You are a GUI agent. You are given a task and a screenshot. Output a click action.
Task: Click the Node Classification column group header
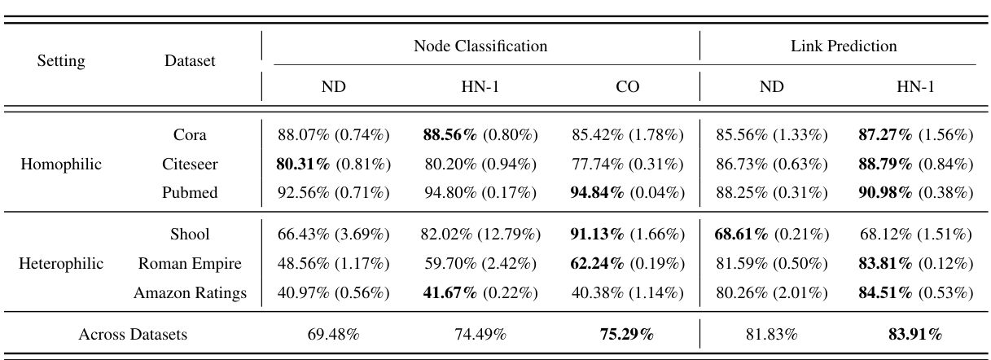tap(480, 46)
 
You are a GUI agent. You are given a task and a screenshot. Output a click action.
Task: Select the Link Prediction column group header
tap(844, 46)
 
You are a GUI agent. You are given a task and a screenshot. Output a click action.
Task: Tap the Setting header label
tap(63, 61)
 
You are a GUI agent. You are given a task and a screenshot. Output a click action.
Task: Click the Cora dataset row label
tap(190, 134)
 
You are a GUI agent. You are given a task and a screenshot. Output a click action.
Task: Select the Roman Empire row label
tap(190, 264)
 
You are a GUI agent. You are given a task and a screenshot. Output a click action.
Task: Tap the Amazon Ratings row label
tap(190, 293)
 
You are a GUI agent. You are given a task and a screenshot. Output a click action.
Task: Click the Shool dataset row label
tap(190, 235)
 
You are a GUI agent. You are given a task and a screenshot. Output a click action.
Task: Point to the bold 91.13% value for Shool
tap(599, 235)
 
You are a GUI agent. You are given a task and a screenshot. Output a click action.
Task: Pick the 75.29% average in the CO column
tap(627, 334)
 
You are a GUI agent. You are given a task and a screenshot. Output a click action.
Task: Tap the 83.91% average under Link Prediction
tap(914, 334)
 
